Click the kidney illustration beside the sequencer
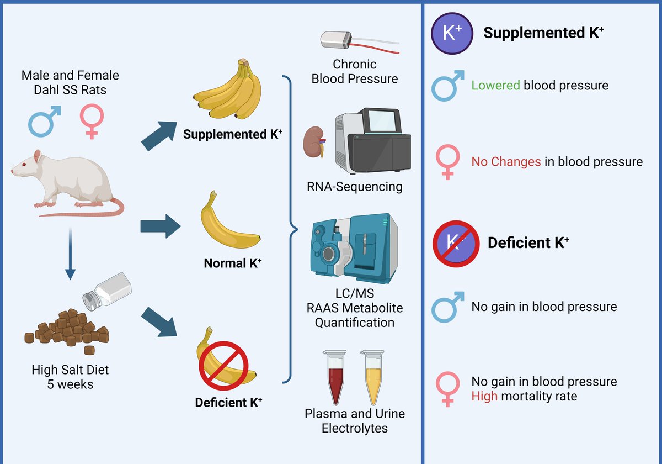point(315,143)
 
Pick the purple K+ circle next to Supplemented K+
point(452,33)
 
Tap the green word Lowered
point(495,86)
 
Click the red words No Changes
point(506,162)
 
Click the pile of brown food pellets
point(67,330)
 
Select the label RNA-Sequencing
point(355,187)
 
